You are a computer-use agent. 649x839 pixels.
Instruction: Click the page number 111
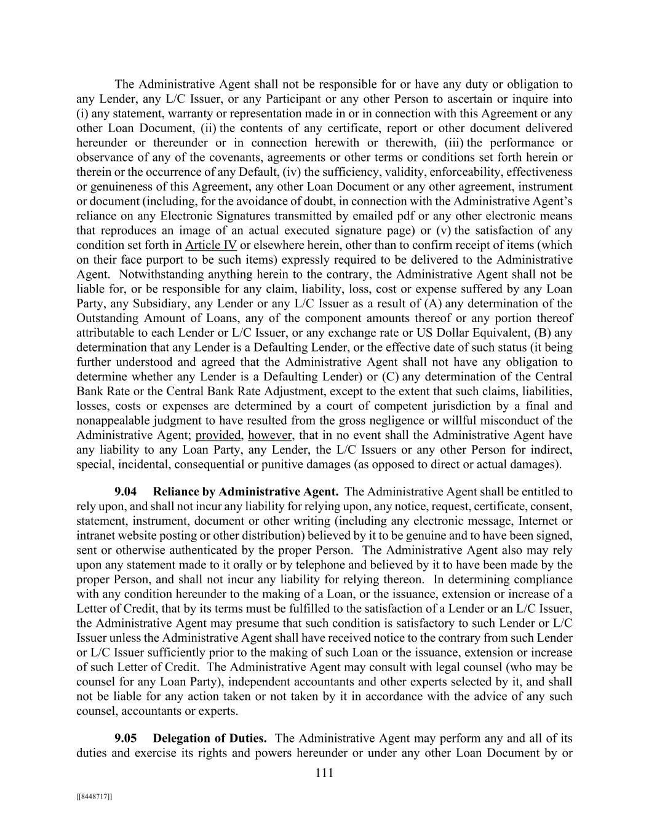(x=324, y=773)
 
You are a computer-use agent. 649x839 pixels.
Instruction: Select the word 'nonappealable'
(x=114, y=420)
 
